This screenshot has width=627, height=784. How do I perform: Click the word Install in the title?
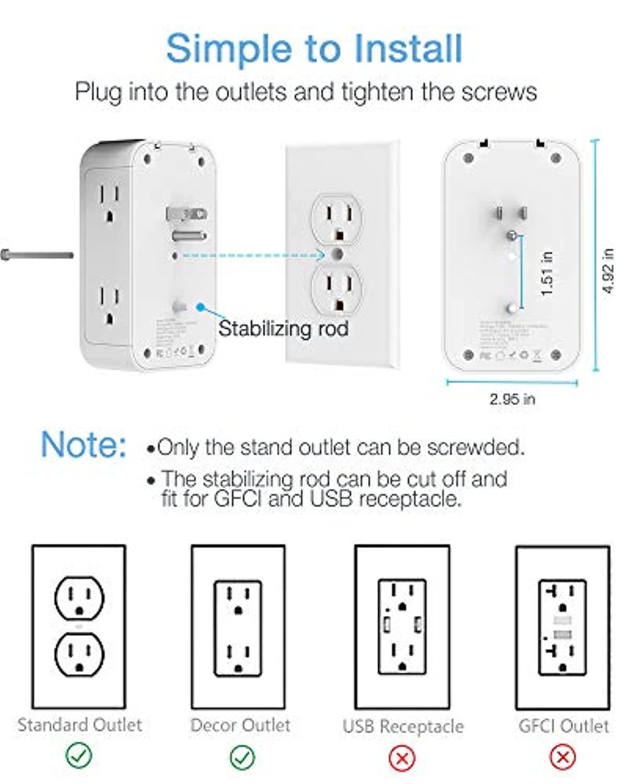click(409, 49)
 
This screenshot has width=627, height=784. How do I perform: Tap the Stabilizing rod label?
click(283, 329)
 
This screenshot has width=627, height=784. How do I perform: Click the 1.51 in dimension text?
click(547, 273)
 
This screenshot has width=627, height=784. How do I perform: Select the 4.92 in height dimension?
click(608, 271)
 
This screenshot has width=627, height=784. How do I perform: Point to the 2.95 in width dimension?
click(512, 399)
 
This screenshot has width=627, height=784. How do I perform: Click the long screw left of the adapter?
click(37, 255)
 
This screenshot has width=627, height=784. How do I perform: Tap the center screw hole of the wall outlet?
click(337, 255)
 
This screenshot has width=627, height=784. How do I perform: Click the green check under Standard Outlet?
click(79, 755)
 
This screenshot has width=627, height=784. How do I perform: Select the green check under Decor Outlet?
click(242, 756)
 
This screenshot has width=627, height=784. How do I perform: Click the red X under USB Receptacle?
click(402, 758)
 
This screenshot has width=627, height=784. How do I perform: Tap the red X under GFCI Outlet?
click(563, 757)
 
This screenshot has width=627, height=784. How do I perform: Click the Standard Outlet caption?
click(79, 725)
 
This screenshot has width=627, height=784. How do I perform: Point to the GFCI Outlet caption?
click(563, 726)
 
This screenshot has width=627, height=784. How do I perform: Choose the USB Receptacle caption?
click(403, 726)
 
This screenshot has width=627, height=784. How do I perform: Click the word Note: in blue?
click(84, 445)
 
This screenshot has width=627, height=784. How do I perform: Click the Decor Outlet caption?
click(240, 725)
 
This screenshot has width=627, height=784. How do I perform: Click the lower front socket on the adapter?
click(110, 306)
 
